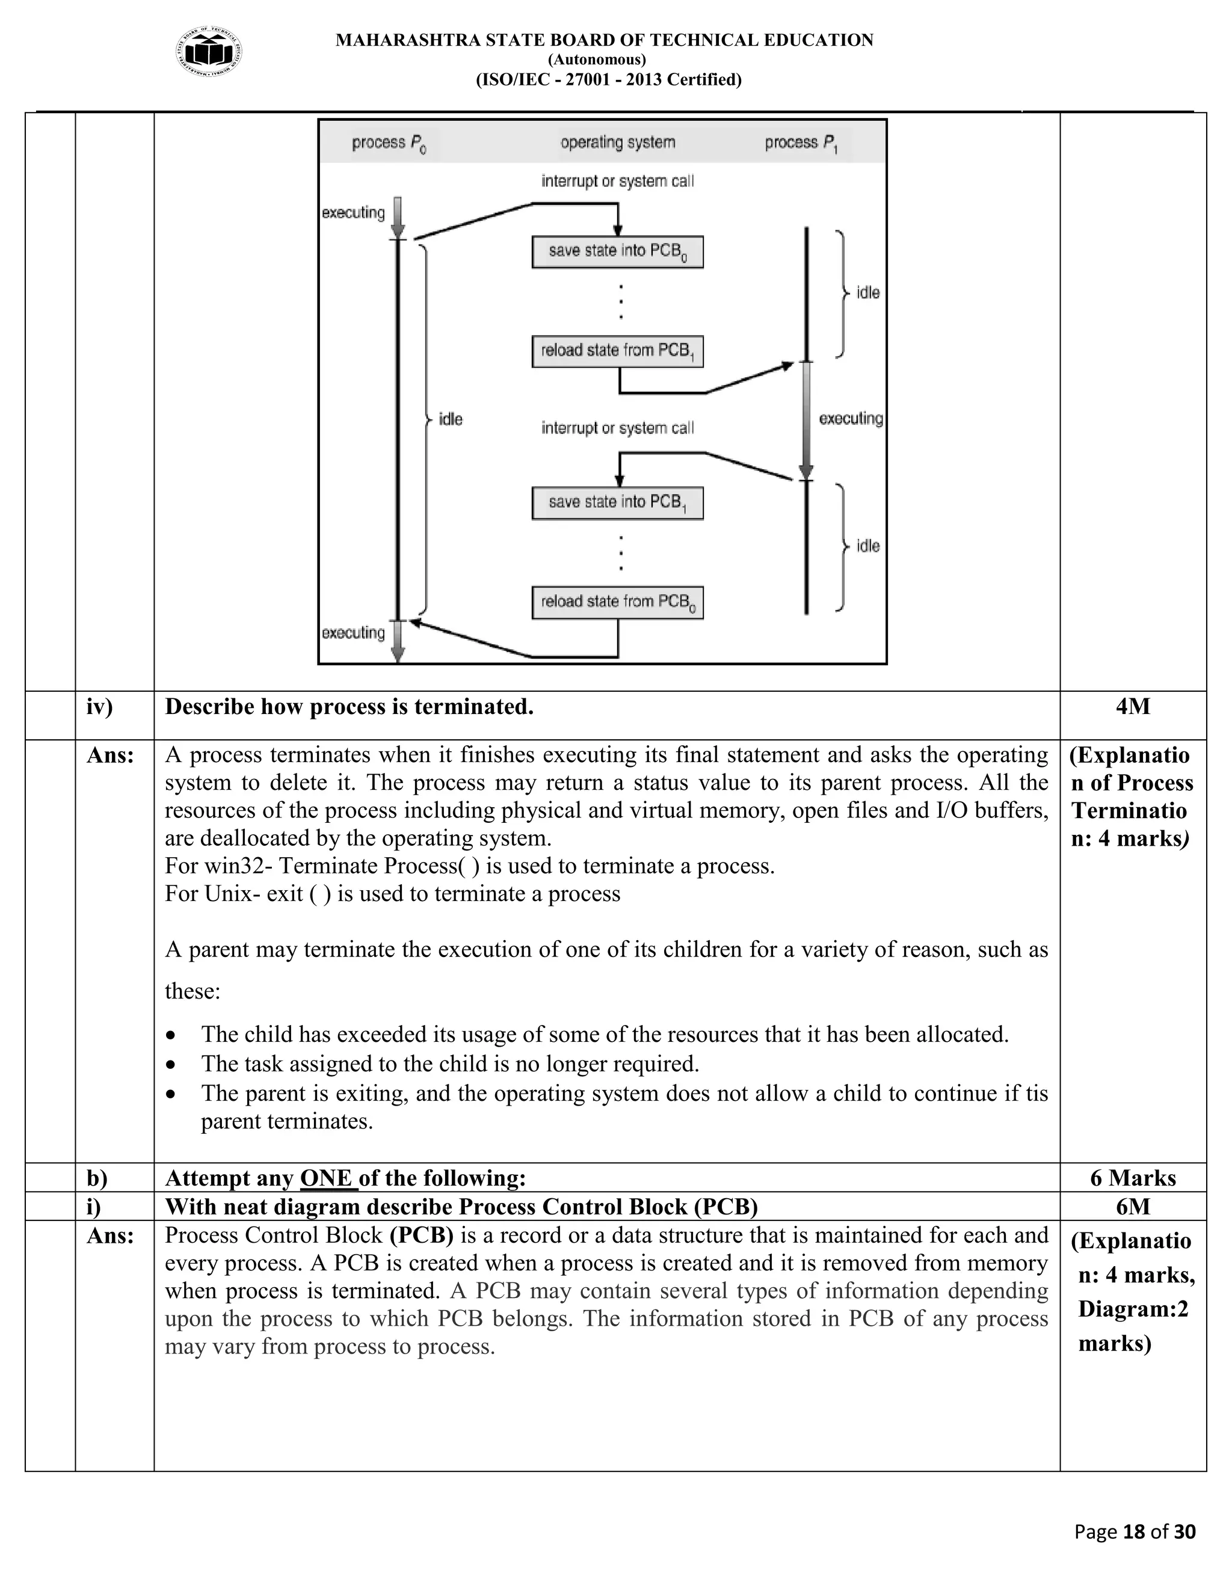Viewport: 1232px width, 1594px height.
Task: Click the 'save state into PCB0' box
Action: [617, 252]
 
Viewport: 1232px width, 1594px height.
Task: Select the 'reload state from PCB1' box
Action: [617, 351]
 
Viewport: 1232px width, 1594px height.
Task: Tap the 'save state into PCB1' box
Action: [617, 503]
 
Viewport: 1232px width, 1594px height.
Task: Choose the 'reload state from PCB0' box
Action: [617, 602]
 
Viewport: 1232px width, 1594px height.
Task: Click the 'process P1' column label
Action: [801, 143]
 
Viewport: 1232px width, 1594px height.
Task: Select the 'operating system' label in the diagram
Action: [617, 143]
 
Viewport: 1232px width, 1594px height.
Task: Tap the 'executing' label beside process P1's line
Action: [850, 418]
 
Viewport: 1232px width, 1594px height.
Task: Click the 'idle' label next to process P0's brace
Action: [451, 419]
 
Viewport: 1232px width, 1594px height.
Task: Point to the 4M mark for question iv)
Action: [1132, 707]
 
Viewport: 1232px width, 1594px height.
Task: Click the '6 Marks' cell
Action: [1133, 1178]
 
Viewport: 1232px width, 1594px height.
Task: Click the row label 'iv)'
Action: [100, 707]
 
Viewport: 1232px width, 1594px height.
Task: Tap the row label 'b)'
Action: [97, 1178]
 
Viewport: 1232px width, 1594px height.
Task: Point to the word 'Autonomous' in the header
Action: [597, 60]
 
